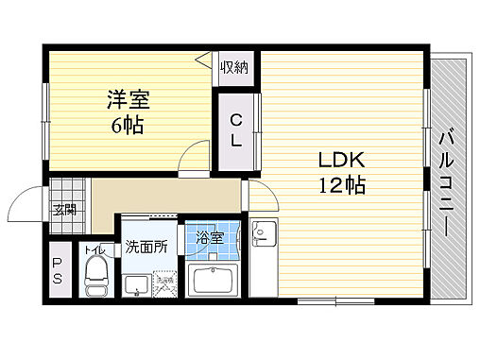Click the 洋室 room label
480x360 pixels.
tap(128, 99)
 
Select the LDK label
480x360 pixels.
tap(332, 159)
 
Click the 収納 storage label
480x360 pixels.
tap(235, 66)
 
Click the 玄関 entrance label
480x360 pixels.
tap(63, 211)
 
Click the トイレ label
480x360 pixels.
tap(94, 250)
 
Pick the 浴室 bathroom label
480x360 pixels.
tap(210, 237)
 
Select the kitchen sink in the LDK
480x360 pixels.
tap(262, 232)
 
